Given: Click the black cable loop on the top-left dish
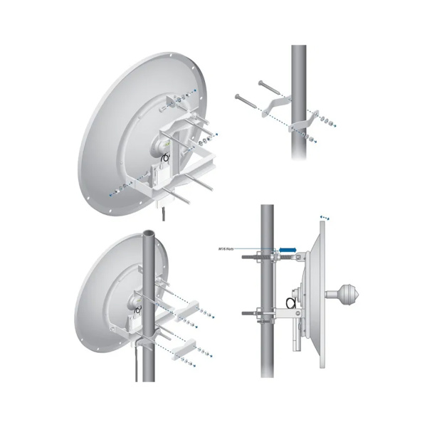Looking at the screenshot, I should pyautogui.click(x=164, y=157).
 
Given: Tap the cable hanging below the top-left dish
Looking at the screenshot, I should pyautogui.click(x=164, y=212).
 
